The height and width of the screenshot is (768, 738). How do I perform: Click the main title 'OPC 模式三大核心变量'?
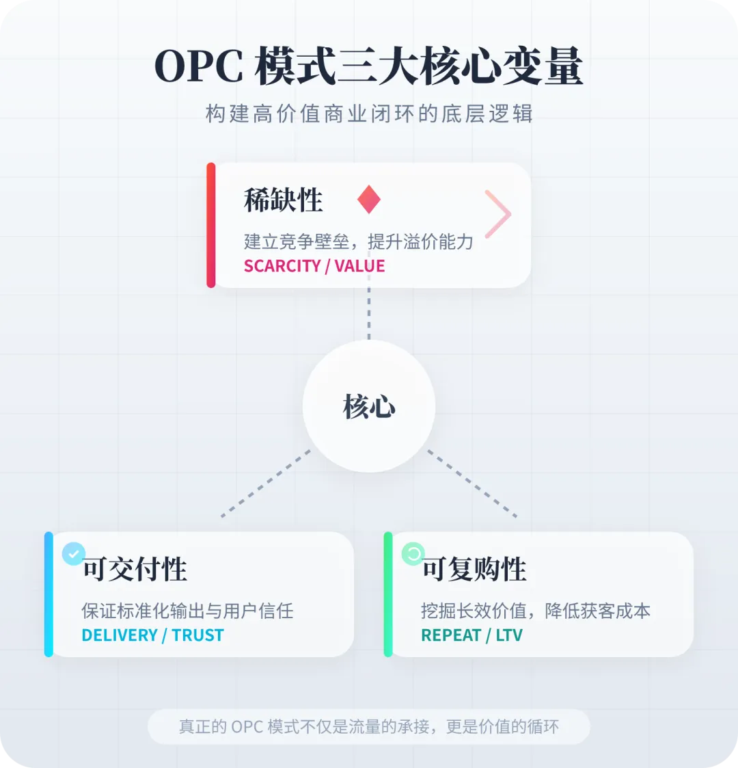[x=368, y=67]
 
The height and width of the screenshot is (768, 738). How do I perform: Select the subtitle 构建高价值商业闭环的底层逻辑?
[x=368, y=114]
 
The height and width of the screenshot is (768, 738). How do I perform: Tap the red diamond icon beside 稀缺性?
[x=368, y=199]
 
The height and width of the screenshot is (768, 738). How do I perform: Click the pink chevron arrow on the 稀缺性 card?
[x=498, y=214]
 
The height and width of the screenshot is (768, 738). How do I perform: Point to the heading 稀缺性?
[x=283, y=200]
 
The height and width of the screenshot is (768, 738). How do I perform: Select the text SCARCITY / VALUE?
[x=314, y=266]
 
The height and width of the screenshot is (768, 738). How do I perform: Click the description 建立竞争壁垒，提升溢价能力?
[x=358, y=241]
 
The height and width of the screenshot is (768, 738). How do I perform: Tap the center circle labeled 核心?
[x=369, y=406]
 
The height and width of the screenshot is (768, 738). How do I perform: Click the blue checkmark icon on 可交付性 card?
[x=74, y=553]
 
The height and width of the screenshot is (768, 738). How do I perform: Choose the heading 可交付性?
[x=135, y=569]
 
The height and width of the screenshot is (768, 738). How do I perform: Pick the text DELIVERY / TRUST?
[x=152, y=635]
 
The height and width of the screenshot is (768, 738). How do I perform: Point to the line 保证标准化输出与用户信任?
[x=187, y=611]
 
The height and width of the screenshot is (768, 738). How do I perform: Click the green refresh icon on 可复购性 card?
[x=413, y=553]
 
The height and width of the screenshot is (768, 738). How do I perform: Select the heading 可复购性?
[x=474, y=569]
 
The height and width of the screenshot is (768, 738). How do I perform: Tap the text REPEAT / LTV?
[x=471, y=635]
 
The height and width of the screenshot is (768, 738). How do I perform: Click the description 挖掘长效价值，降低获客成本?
[x=536, y=611]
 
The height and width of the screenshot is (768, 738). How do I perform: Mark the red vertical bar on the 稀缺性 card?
[x=211, y=225]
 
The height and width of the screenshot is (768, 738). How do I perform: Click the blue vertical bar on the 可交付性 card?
[x=49, y=594]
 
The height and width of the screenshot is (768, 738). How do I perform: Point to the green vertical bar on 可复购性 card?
[x=388, y=594]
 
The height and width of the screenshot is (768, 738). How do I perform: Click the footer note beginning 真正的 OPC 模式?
[x=368, y=726]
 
